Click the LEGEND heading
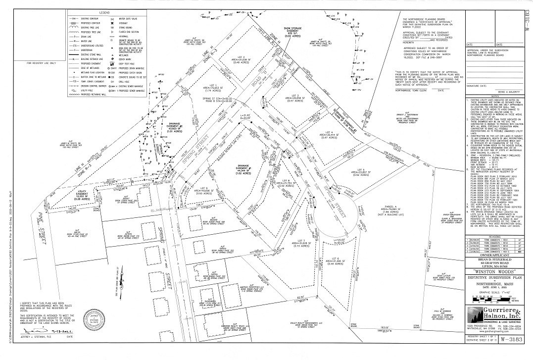[103, 11]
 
